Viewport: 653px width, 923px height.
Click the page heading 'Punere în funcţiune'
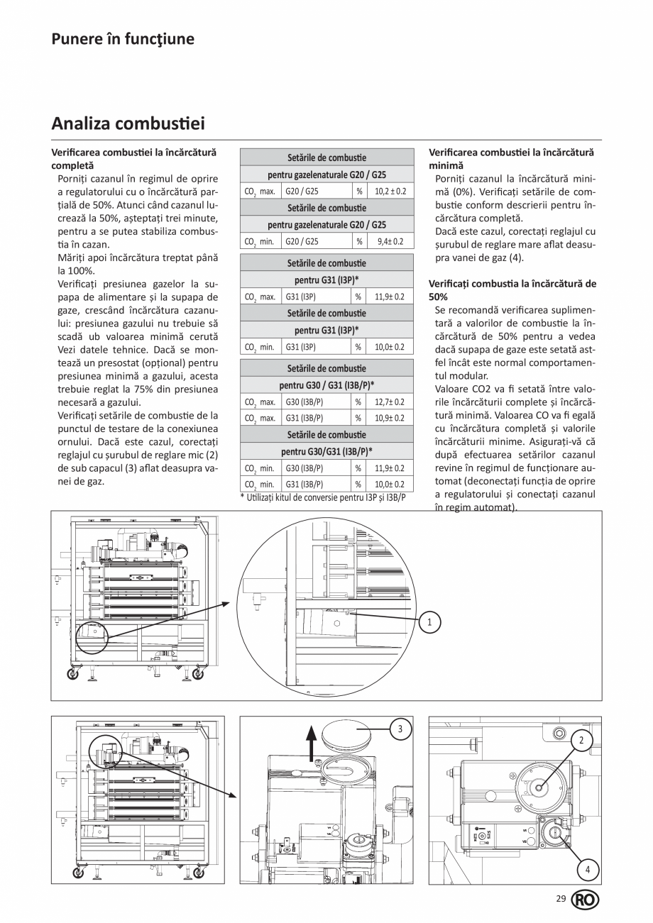coord(122,39)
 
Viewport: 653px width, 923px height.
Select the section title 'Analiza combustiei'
coord(128,124)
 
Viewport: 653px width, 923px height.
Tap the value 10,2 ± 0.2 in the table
coord(390,192)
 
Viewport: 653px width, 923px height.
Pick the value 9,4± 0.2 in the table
coord(390,241)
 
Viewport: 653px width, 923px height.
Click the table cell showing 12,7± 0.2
coord(390,402)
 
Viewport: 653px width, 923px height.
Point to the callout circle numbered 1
coord(429,622)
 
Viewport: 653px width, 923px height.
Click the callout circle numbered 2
coord(581,741)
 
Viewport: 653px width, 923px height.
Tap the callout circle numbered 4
coord(587,868)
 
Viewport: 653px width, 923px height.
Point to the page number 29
coord(561,899)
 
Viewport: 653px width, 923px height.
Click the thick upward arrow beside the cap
coord(310,742)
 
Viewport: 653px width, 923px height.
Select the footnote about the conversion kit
coord(323,497)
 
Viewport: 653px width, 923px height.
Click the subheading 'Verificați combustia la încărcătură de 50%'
coord(512,290)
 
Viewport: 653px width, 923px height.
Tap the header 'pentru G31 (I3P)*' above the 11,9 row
coord(326,280)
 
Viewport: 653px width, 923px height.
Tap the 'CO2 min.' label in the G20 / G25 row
coord(260,241)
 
